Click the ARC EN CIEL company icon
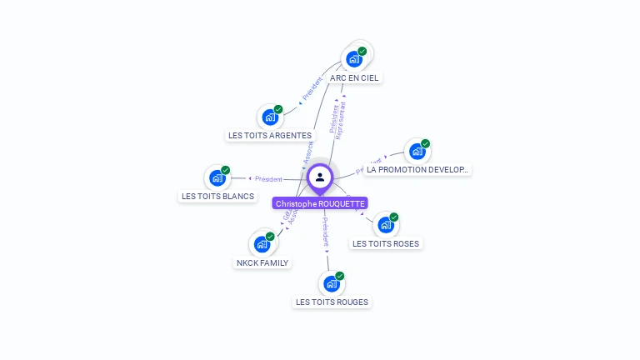point(354,59)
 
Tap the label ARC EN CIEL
point(354,77)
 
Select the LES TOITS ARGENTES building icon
point(270,117)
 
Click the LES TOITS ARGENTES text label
point(270,135)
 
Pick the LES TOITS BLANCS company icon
point(217,177)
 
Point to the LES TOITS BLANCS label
point(217,197)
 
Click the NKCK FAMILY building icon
point(262,244)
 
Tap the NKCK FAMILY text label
point(262,262)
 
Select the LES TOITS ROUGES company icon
point(332,283)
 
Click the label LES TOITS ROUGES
point(332,302)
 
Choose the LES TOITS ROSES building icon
point(385,225)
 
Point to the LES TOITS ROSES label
point(386,243)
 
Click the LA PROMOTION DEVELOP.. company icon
point(417,152)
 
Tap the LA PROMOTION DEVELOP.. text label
point(417,169)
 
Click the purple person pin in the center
point(320,177)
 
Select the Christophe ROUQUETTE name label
point(320,203)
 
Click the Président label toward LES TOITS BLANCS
point(268,179)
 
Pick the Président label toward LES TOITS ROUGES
point(326,232)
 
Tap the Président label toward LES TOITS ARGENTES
point(312,90)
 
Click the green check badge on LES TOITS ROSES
point(393,217)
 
